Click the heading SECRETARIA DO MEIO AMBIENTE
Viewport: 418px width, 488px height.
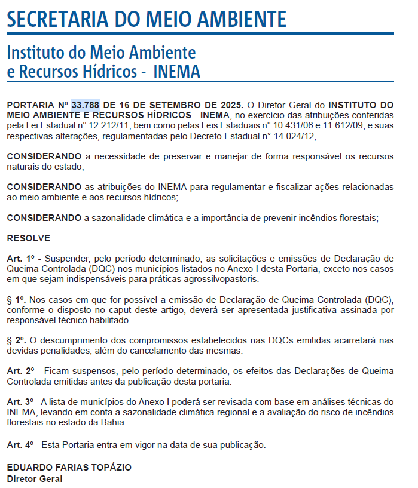tap(147, 19)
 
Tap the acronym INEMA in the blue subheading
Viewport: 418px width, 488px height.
tap(176, 72)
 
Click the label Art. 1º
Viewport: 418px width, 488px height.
tap(21, 259)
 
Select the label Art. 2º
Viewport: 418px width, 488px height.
tap(21, 371)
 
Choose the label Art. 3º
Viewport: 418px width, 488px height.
tap(21, 401)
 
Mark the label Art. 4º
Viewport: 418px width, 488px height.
tap(21, 444)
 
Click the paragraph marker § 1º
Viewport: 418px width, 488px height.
tap(16, 300)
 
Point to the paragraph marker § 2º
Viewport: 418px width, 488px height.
tap(16, 340)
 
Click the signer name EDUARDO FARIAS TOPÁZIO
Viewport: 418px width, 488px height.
tap(69, 467)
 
